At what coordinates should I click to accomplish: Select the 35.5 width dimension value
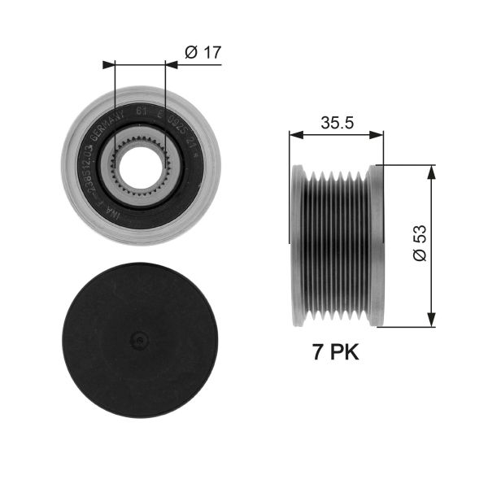point(335,123)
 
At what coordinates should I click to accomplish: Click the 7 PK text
point(335,353)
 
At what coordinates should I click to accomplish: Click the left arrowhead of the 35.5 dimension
point(294,135)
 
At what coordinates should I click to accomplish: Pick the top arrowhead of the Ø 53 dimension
point(430,169)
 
